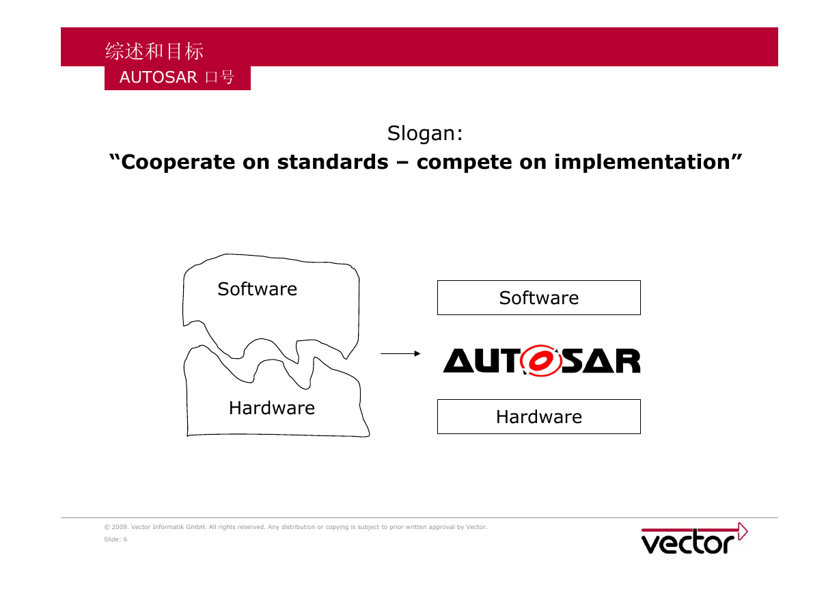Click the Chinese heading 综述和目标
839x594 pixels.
154,51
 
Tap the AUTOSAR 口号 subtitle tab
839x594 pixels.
177,77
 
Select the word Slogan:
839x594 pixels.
425,133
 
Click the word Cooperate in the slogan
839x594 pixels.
176,162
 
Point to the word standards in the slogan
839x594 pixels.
333,162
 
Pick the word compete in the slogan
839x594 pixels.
464,163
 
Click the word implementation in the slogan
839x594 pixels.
642,162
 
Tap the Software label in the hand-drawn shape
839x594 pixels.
258,289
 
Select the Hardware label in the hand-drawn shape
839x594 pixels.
272,408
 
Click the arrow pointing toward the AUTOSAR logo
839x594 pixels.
400,353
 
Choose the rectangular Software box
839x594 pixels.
538,297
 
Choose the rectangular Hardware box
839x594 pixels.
538,416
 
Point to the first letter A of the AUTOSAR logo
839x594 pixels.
458,360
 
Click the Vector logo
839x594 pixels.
694,539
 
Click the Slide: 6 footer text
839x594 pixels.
115,539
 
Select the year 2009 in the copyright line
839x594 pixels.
120,527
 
